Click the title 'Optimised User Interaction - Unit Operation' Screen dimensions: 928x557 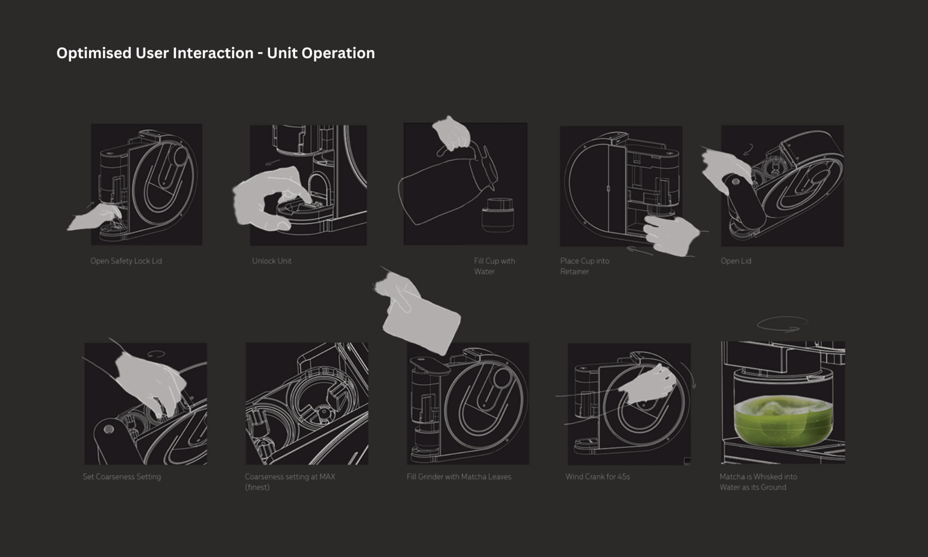(215, 53)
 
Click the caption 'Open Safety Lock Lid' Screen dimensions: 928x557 (126, 261)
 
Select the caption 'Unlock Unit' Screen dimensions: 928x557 (271, 261)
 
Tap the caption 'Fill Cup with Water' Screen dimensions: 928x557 (494, 266)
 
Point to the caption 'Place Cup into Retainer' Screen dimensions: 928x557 (584, 266)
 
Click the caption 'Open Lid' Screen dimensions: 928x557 (735, 261)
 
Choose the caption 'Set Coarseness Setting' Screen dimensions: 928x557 (122, 477)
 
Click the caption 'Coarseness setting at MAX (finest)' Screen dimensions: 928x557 (289, 482)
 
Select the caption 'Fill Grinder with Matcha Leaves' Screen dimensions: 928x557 (459, 477)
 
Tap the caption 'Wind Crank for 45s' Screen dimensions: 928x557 (597, 477)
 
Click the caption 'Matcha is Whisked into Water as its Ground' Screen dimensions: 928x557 (758, 482)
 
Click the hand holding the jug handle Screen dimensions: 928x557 (452, 134)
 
